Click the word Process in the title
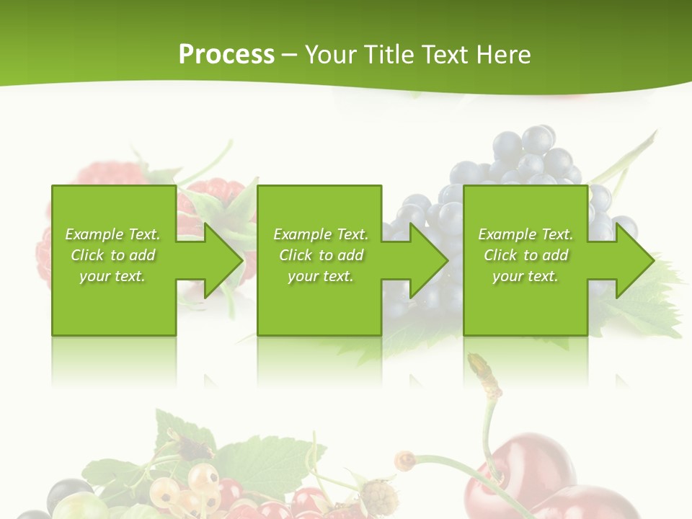tap(226, 55)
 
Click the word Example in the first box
tap(94, 234)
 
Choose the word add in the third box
tap(554, 255)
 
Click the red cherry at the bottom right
tap(548, 483)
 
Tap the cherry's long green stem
tap(489, 432)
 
